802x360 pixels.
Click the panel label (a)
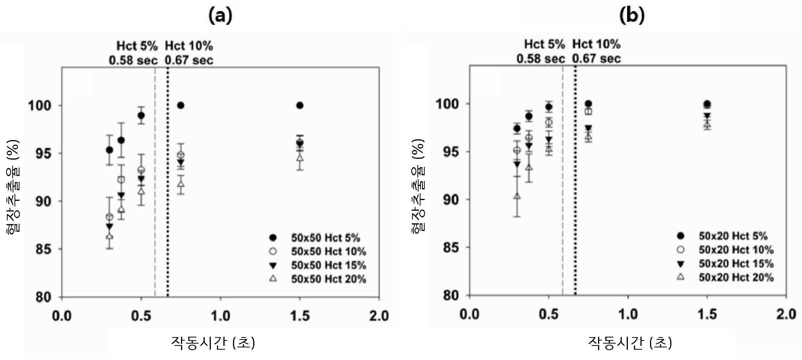point(220,16)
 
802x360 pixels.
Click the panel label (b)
point(632,16)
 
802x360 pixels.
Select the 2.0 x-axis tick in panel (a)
point(379,316)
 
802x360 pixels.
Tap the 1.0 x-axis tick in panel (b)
point(628,315)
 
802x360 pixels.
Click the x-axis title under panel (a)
point(213,342)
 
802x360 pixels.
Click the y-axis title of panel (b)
point(419,186)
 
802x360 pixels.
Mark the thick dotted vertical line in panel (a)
point(168,182)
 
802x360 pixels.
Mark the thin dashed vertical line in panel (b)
point(563,181)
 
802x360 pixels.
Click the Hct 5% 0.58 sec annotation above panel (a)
point(133,53)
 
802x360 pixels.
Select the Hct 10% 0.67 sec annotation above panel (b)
point(596,52)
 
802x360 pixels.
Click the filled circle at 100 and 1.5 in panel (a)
point(300,105)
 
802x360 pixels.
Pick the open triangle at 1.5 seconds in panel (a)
point(300,158)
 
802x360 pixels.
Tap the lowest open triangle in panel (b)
point(517,196)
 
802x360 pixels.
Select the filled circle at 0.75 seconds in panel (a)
point(181,105)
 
